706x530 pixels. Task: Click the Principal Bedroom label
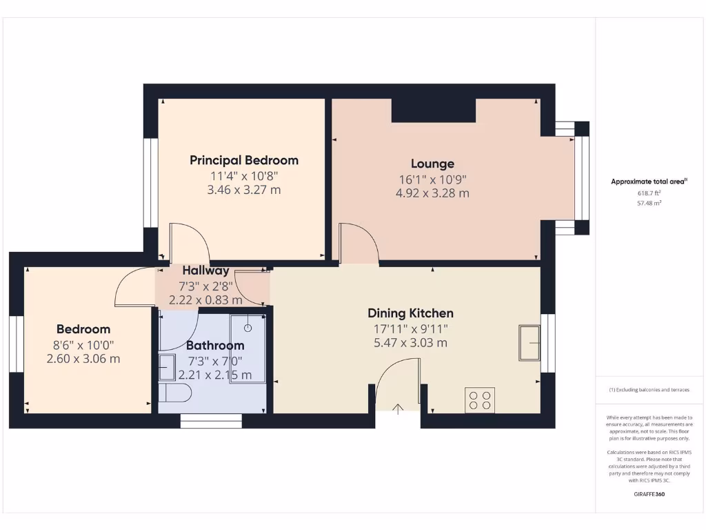click(244, 160)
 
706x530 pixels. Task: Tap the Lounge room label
click(432, 164)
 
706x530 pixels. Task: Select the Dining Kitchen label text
click(410, 313)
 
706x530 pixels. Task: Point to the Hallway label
click(205, 271)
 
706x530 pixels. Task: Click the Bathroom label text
click(215, 345)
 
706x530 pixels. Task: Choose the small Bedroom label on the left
click(83, 329)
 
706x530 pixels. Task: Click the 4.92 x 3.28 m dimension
click(432, 193)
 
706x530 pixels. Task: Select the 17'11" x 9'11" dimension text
click(410, 328)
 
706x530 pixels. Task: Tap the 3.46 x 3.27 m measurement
click(244, 190)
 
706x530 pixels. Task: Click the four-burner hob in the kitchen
click(480, 400)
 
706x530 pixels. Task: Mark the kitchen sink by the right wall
click(529, 342)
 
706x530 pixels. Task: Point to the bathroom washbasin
click(167, 367)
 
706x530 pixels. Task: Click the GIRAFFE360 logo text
click(649, 494)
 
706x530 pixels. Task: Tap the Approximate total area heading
click(649, 181)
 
